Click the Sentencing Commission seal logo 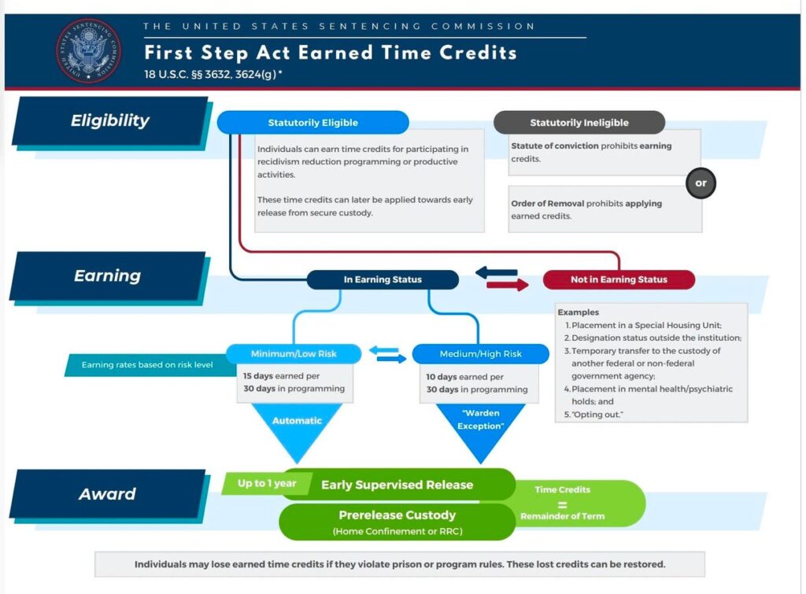(89, 50)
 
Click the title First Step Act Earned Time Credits (330, 53)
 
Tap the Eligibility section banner (110, 121)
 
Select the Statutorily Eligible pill (312, 123)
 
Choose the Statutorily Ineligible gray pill (579, 123)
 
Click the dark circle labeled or (701, 183)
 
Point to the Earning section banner (108, 276)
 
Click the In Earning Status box (383, 279)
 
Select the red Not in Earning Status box (619, 279)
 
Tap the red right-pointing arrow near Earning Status (508, 286)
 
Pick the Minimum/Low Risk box (294, 354)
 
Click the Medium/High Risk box (480, 354)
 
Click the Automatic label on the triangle (297, 421)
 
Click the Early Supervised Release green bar (397, 485)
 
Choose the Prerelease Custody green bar (397, 522)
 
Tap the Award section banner (108, 494)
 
